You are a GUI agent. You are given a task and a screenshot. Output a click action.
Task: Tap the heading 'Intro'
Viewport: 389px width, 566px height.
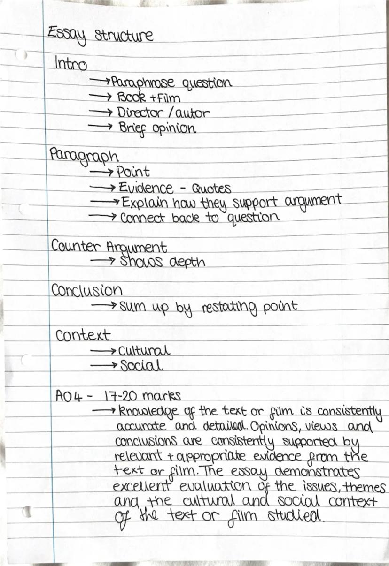coord(70,63)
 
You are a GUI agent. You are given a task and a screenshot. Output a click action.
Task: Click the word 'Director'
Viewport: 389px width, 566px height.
coord(138,113)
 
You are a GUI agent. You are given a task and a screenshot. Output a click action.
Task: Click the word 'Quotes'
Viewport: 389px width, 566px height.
coord(211,189)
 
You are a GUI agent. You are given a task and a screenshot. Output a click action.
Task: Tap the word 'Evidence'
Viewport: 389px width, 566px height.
coord(145,188)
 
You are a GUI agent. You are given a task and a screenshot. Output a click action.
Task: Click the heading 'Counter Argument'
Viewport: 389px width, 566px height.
coord(109,247)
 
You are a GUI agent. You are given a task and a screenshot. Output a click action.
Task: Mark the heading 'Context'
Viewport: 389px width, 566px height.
coord(83,335)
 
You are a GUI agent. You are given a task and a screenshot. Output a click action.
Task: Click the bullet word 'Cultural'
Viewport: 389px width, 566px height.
coord(144,351)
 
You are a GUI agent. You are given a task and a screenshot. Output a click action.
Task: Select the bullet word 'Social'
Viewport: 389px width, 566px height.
coord(141,366)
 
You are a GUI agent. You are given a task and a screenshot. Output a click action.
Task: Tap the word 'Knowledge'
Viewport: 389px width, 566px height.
coord(142,412)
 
